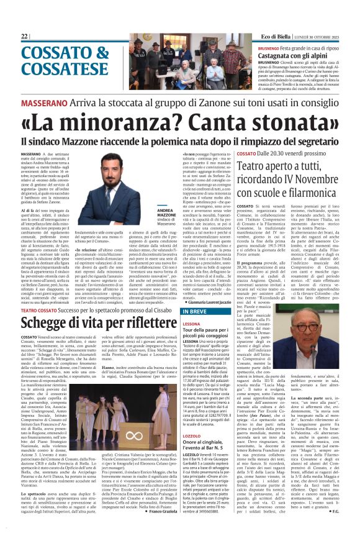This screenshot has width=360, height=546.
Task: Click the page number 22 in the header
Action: (25, 37)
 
